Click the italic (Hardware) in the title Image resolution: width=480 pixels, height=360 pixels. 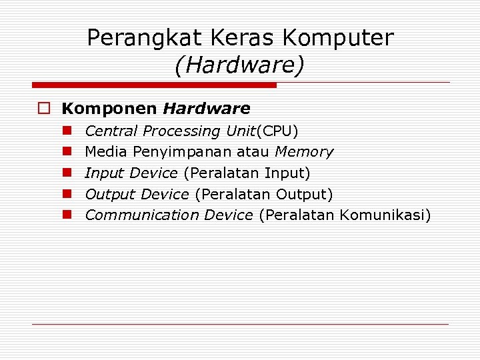(239, 65)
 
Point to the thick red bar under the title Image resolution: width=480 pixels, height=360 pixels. (155, 85)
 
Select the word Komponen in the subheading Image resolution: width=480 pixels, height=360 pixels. (109, 109)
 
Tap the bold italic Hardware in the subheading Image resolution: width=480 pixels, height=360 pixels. (207, 109)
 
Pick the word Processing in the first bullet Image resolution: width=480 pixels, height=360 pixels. (181, 131)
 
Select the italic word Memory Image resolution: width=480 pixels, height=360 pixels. (304, 152)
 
